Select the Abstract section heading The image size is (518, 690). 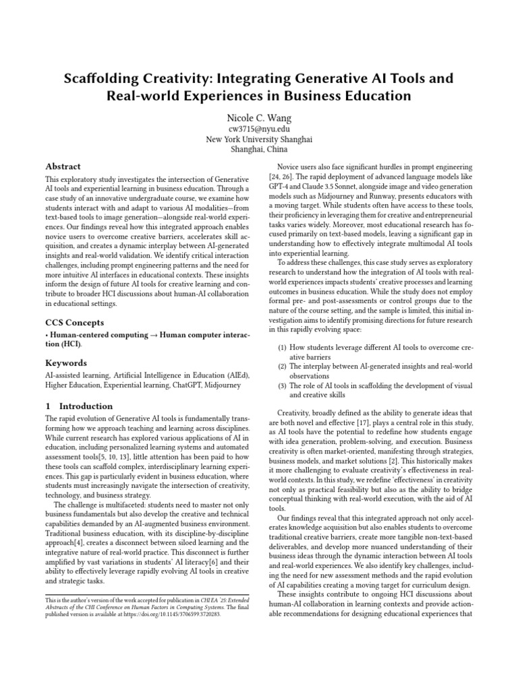pyautogui.click(x=63, y=166)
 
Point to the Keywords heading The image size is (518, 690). pyautogui.click(x=66, y=363)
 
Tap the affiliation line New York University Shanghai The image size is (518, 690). pyautogui.click(x=259, y=139)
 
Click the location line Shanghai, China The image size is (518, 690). pyautogui.click(x=259, y=150)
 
